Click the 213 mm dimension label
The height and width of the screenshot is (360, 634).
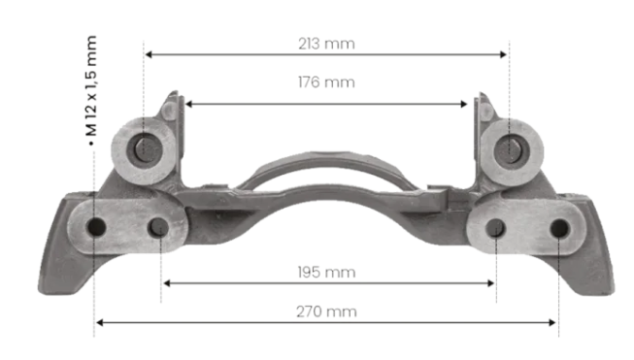(x=326, y=44)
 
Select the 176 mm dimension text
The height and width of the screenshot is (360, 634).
(x=326, y=82)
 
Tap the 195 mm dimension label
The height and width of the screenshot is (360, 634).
(x=326, y=273)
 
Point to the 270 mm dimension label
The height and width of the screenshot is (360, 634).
(x=326, y=311)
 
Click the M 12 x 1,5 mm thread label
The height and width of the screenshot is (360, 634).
(x=91, y=86)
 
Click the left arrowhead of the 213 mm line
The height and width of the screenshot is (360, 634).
(x=148, y=54)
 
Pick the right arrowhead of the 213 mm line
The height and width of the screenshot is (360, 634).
(x=503, y=54)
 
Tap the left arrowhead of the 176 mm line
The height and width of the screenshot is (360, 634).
(x=188, y=104)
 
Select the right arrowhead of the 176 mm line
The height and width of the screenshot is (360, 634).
(x=464, y=104)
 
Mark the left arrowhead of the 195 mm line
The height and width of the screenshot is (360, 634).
(x=166, y=283)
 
